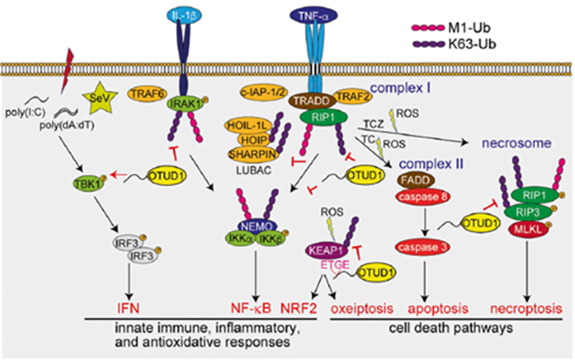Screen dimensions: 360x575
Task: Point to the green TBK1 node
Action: click(x=86, y=181)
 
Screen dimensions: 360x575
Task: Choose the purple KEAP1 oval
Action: click(x=324, y=249)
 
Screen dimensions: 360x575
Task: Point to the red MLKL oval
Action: click(x=524, y=228)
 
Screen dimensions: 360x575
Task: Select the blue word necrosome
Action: click(x=515, y=143)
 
